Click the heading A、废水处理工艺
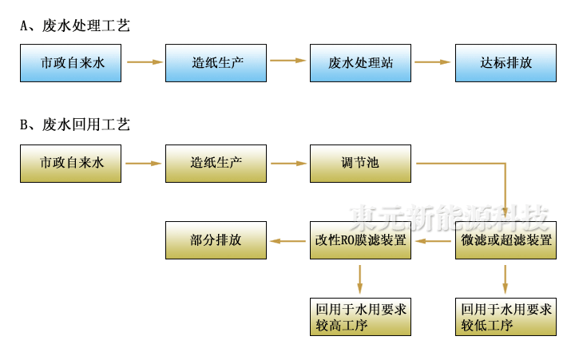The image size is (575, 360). tap(75, 26)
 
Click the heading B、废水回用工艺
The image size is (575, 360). tap(75, 125)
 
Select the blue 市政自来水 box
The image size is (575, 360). tap(71, 62)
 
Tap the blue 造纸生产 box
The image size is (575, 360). tap(216, 62)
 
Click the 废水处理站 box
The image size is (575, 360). tap(360, 62)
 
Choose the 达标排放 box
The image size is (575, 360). tap(506, 62)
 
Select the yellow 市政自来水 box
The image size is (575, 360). tap(71, 164)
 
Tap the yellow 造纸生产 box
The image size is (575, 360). tap(216, 164)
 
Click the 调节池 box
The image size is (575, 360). tap(360, 164)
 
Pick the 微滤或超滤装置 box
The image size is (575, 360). tap(506, 240)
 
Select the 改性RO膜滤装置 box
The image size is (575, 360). tap(360, 240)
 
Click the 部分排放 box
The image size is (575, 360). tap(216, 240)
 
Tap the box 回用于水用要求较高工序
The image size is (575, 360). tap(360, 317)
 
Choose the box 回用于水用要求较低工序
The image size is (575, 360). tap(506, 317)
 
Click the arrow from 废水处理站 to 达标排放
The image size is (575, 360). tap(433, 61)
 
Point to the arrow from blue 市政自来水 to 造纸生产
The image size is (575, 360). tap(144, 61)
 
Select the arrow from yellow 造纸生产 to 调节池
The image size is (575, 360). tap(288, 164)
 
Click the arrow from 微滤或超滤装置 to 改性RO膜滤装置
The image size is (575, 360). tap(433, 240)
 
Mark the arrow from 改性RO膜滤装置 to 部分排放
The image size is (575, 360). tap(288, 240)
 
